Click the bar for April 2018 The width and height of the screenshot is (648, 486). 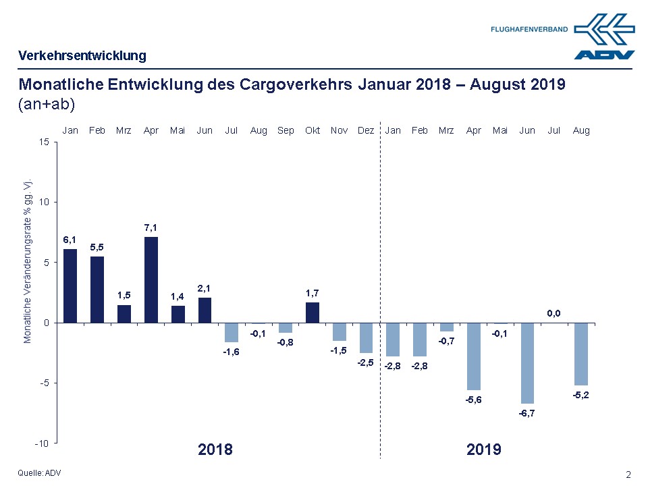point(151,279)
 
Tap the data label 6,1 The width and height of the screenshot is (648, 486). point(70,240)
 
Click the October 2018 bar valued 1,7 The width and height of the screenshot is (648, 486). point(313,313)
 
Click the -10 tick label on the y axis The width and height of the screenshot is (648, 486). point(41,443)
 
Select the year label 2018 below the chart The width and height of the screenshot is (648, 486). point(215,450)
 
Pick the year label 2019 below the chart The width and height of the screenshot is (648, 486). point(484,450)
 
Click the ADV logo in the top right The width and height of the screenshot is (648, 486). point(605,38)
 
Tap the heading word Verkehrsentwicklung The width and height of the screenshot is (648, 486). point(82,55)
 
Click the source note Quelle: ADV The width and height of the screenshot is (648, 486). point(40,473)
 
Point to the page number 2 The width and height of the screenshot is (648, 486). point(628,474)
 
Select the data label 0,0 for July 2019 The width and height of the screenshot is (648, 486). point(554,313)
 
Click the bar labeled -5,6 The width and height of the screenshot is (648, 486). point(474,356)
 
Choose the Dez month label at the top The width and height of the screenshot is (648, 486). point(366,130)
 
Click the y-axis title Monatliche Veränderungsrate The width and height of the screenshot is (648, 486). point(28,262)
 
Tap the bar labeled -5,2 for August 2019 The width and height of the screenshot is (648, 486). point(581,354)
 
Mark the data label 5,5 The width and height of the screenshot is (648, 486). point(97,247)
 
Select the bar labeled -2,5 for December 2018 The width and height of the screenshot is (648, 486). point(366,337)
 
